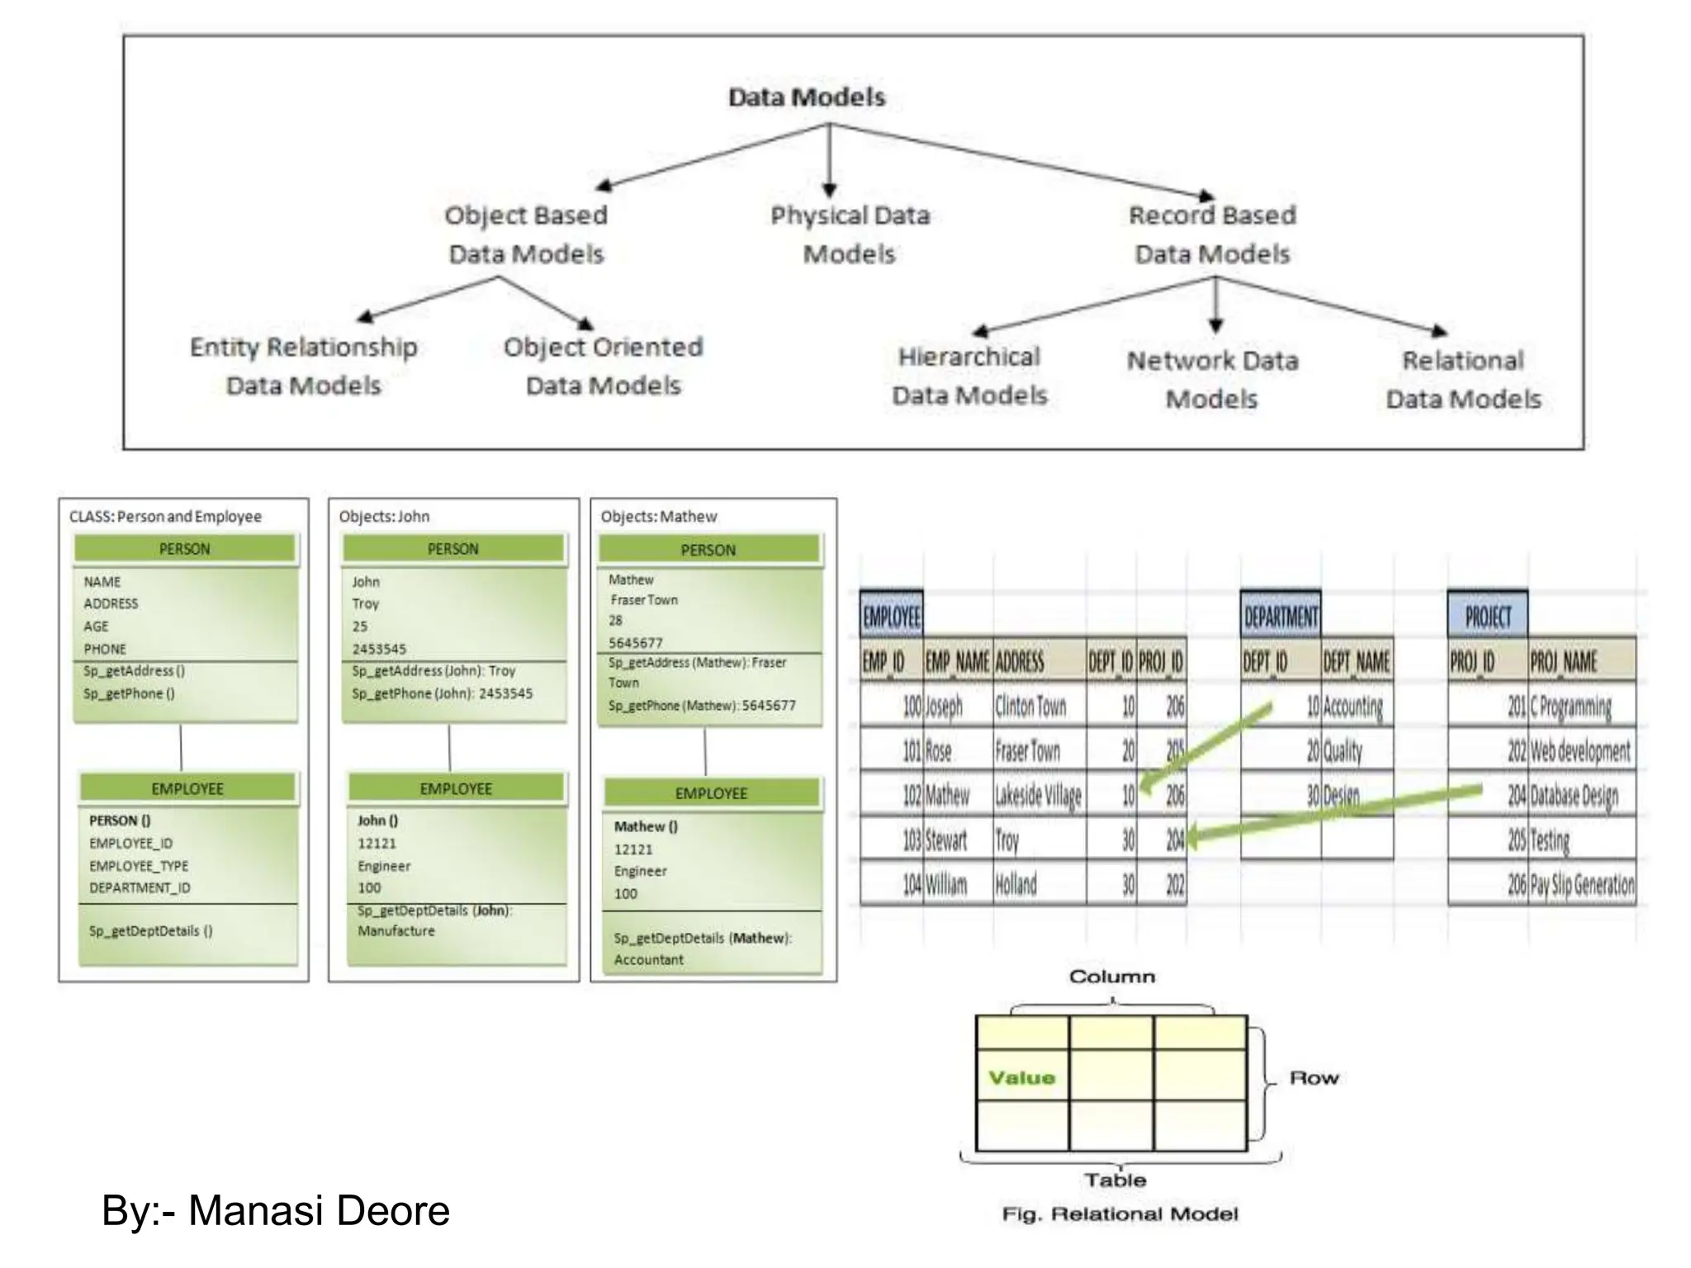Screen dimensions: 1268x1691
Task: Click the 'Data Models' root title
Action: click(806, 97)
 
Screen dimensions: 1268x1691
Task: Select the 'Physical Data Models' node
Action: click(850, 234)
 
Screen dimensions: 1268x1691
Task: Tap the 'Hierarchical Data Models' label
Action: click(969, 376)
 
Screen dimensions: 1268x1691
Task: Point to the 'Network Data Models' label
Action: click(1212, 380)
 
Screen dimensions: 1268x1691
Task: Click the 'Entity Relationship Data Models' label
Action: click(303, 366)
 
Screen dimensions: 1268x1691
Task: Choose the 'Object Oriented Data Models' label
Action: click(604, 366)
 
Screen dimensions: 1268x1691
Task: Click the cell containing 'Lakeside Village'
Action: click(1038, 795)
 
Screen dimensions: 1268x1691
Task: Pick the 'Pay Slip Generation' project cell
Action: click(1581, 884)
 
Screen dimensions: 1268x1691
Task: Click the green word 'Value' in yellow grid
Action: click(1021, 1077)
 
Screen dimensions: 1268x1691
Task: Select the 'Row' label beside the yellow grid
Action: click(1314, 1078)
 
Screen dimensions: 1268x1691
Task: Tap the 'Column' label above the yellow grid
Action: click(1111, 977)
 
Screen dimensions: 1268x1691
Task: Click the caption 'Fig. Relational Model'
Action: click(1120, 1214)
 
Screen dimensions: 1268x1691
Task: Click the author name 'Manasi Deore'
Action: click(319, 1211)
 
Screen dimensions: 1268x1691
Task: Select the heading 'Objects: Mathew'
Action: click(658, 517)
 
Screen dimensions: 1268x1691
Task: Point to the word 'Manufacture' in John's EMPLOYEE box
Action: click(396, 931)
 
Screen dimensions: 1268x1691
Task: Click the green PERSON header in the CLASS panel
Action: click(184, 549)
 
